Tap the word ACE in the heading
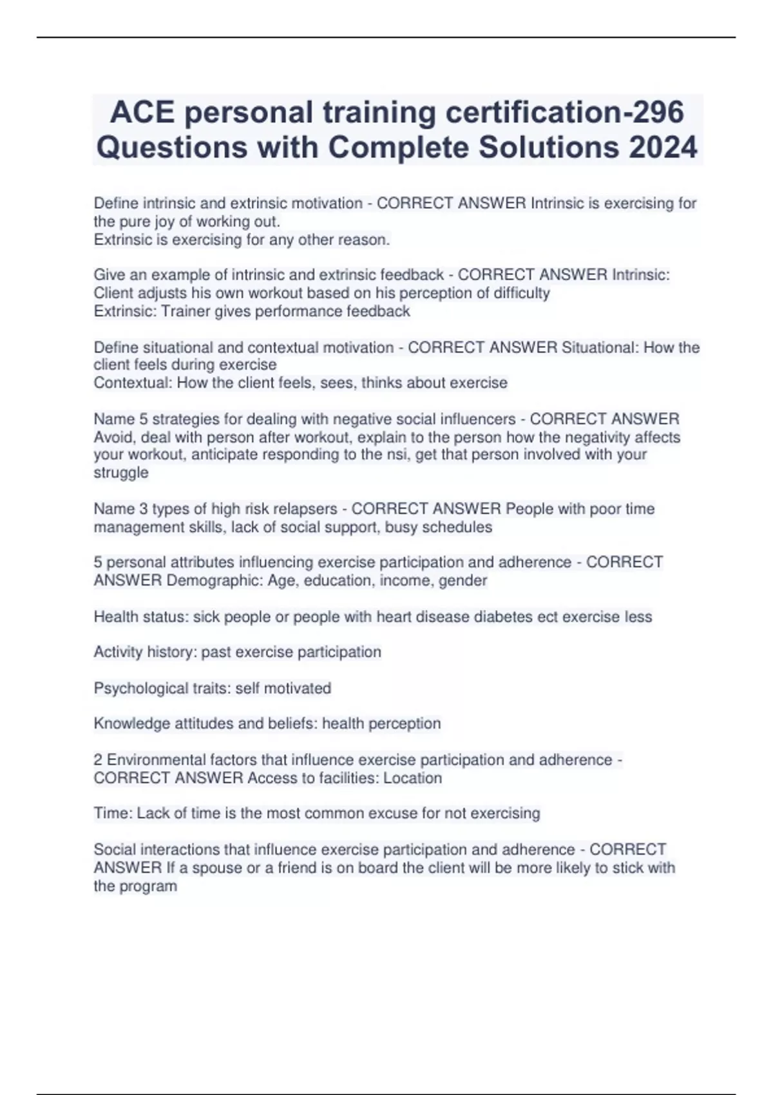tap(142, 112)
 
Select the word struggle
tap(121, 472)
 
